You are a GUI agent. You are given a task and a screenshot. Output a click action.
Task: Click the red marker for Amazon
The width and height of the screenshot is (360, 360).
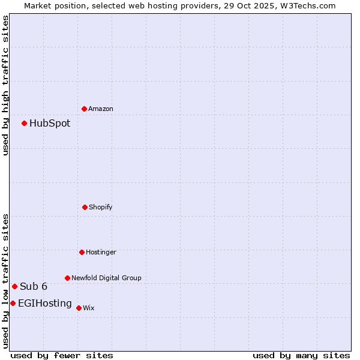(x=85, y=109)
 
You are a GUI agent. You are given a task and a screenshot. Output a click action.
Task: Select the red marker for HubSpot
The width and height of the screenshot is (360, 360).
(x=25, y=123)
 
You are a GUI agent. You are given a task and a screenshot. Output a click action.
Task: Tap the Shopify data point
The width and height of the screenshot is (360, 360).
(x=85, y=207)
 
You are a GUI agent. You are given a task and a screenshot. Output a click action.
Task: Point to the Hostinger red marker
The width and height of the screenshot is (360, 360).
(x=82, y=252)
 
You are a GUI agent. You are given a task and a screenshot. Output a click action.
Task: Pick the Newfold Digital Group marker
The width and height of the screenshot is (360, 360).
(x=67, y=278)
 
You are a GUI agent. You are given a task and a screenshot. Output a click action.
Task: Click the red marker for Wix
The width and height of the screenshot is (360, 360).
(x=79, y=308)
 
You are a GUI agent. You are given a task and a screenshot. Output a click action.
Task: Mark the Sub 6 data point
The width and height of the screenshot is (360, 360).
(x=14, y=286)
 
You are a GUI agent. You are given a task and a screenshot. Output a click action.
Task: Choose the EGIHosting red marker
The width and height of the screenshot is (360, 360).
(x=13, y=303)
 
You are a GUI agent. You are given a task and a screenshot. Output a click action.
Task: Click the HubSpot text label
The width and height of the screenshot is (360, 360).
(x=50, y=124)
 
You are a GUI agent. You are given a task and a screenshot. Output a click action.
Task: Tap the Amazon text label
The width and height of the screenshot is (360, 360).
(x=101, y=109)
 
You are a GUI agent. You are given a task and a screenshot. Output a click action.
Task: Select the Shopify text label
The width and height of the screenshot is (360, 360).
(x=101, y=208)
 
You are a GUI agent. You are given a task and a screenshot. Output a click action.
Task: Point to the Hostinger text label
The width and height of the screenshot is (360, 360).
(x=101, y=253)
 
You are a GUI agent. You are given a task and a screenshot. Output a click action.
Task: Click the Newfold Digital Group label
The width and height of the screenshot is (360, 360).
(x=106, y=278)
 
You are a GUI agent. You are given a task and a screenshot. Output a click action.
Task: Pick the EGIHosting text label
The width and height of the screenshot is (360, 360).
(x=45, y=304)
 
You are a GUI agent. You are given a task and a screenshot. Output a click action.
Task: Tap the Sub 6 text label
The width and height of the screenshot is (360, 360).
(x=34, y=287)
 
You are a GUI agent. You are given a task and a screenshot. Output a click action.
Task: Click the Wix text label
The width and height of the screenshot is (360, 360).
(x=89, y=308)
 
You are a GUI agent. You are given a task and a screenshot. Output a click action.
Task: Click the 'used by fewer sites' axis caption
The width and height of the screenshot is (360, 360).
(x=62, y=355)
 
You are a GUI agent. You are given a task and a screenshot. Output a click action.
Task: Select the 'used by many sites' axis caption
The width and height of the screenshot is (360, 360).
(x=301, y=355)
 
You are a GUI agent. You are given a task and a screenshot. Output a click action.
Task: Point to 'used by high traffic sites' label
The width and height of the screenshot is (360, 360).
(x=5, y=85)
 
